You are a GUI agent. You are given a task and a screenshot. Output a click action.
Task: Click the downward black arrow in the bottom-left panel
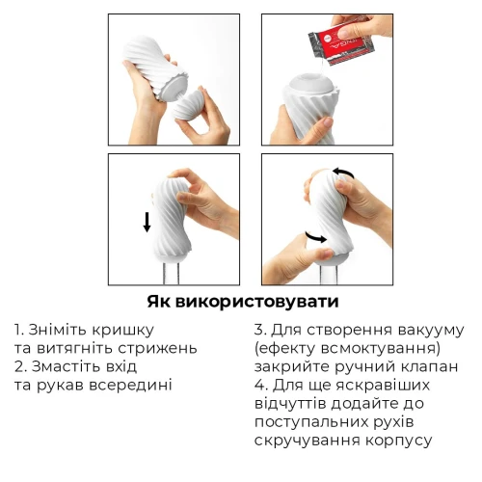pyautogui.click(x=147, y=223)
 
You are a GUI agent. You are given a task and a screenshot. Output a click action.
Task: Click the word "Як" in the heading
pyautogui.click(x=161, y=300)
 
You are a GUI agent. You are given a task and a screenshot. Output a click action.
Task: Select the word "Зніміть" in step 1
pyautogui.click(x=66, y=330)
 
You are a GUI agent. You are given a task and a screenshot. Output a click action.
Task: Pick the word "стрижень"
pyautogui.click(x=158, y=348)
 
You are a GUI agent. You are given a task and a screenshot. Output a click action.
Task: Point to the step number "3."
pyautogui.click(x=261, y=330)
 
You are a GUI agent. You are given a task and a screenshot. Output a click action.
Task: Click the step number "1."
pyautogui.click(x=21, y=330)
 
